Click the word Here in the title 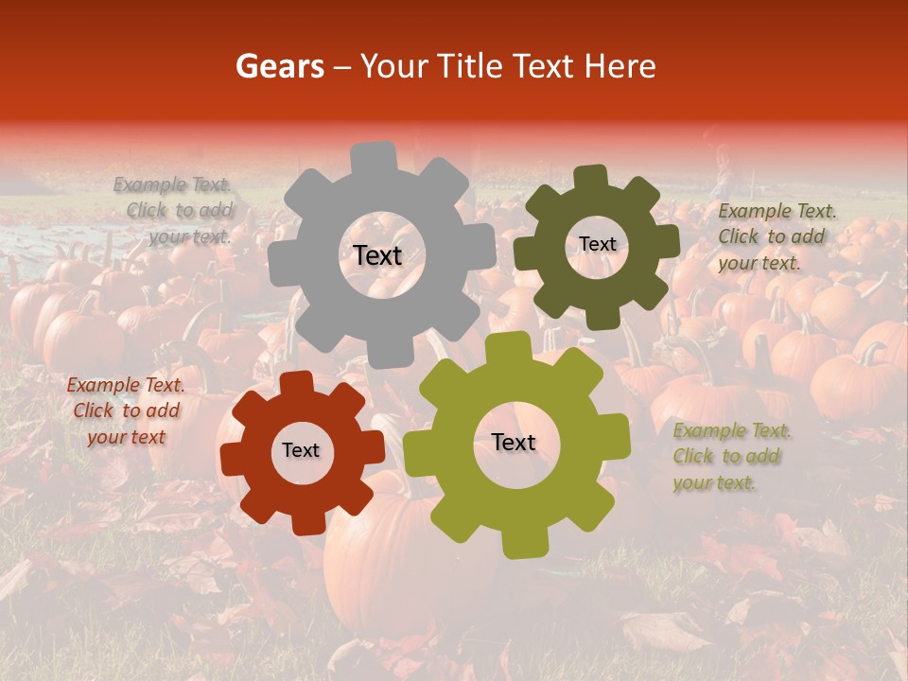point(620,66)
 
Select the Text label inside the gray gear point(377,255)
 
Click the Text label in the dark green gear point(597,244)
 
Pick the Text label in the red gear point(301,450)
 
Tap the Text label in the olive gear point(514,442)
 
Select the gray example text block point(174,211)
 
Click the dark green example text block point(776,236)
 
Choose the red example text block point(126,410)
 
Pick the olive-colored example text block point(731,456)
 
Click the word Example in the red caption point(103,385)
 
